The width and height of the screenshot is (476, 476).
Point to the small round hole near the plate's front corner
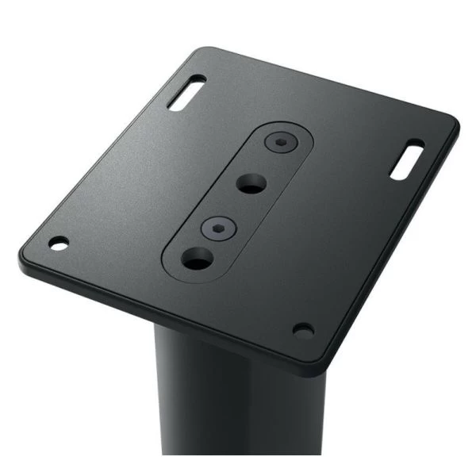302,328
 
